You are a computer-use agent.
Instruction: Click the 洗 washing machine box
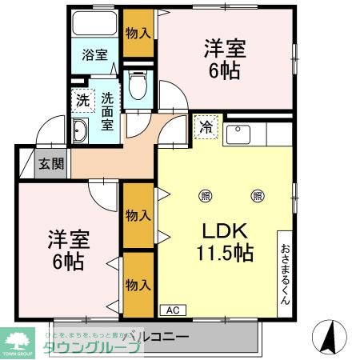tap(82, 101)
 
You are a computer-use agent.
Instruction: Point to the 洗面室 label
tap(107, 109)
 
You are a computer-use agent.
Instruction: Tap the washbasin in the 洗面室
tap(81, 132)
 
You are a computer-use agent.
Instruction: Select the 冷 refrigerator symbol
tap(205, 126)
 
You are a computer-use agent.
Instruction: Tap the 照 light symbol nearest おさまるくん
tap(258, 195)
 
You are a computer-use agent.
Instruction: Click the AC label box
tap(172, 310)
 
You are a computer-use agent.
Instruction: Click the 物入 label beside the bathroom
tap(139, 33)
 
